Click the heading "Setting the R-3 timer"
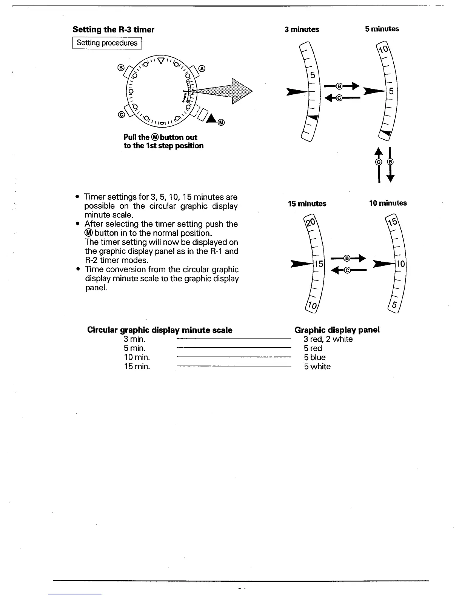[113, 29]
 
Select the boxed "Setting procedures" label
[107, 43]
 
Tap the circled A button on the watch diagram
[202, 68]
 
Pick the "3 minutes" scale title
[302, 29]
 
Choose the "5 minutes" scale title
[382, 29]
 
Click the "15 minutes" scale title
[307, 204]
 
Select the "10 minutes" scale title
[388, 203]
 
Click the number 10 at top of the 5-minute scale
[383, 50]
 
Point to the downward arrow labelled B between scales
[391, 165]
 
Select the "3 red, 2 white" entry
[328, 339]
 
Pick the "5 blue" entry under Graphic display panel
[314, 358]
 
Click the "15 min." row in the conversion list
[137, 367]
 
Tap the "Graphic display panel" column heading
[337, 330]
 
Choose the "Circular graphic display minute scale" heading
[160, 330]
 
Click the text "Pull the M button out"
[160, 137]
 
